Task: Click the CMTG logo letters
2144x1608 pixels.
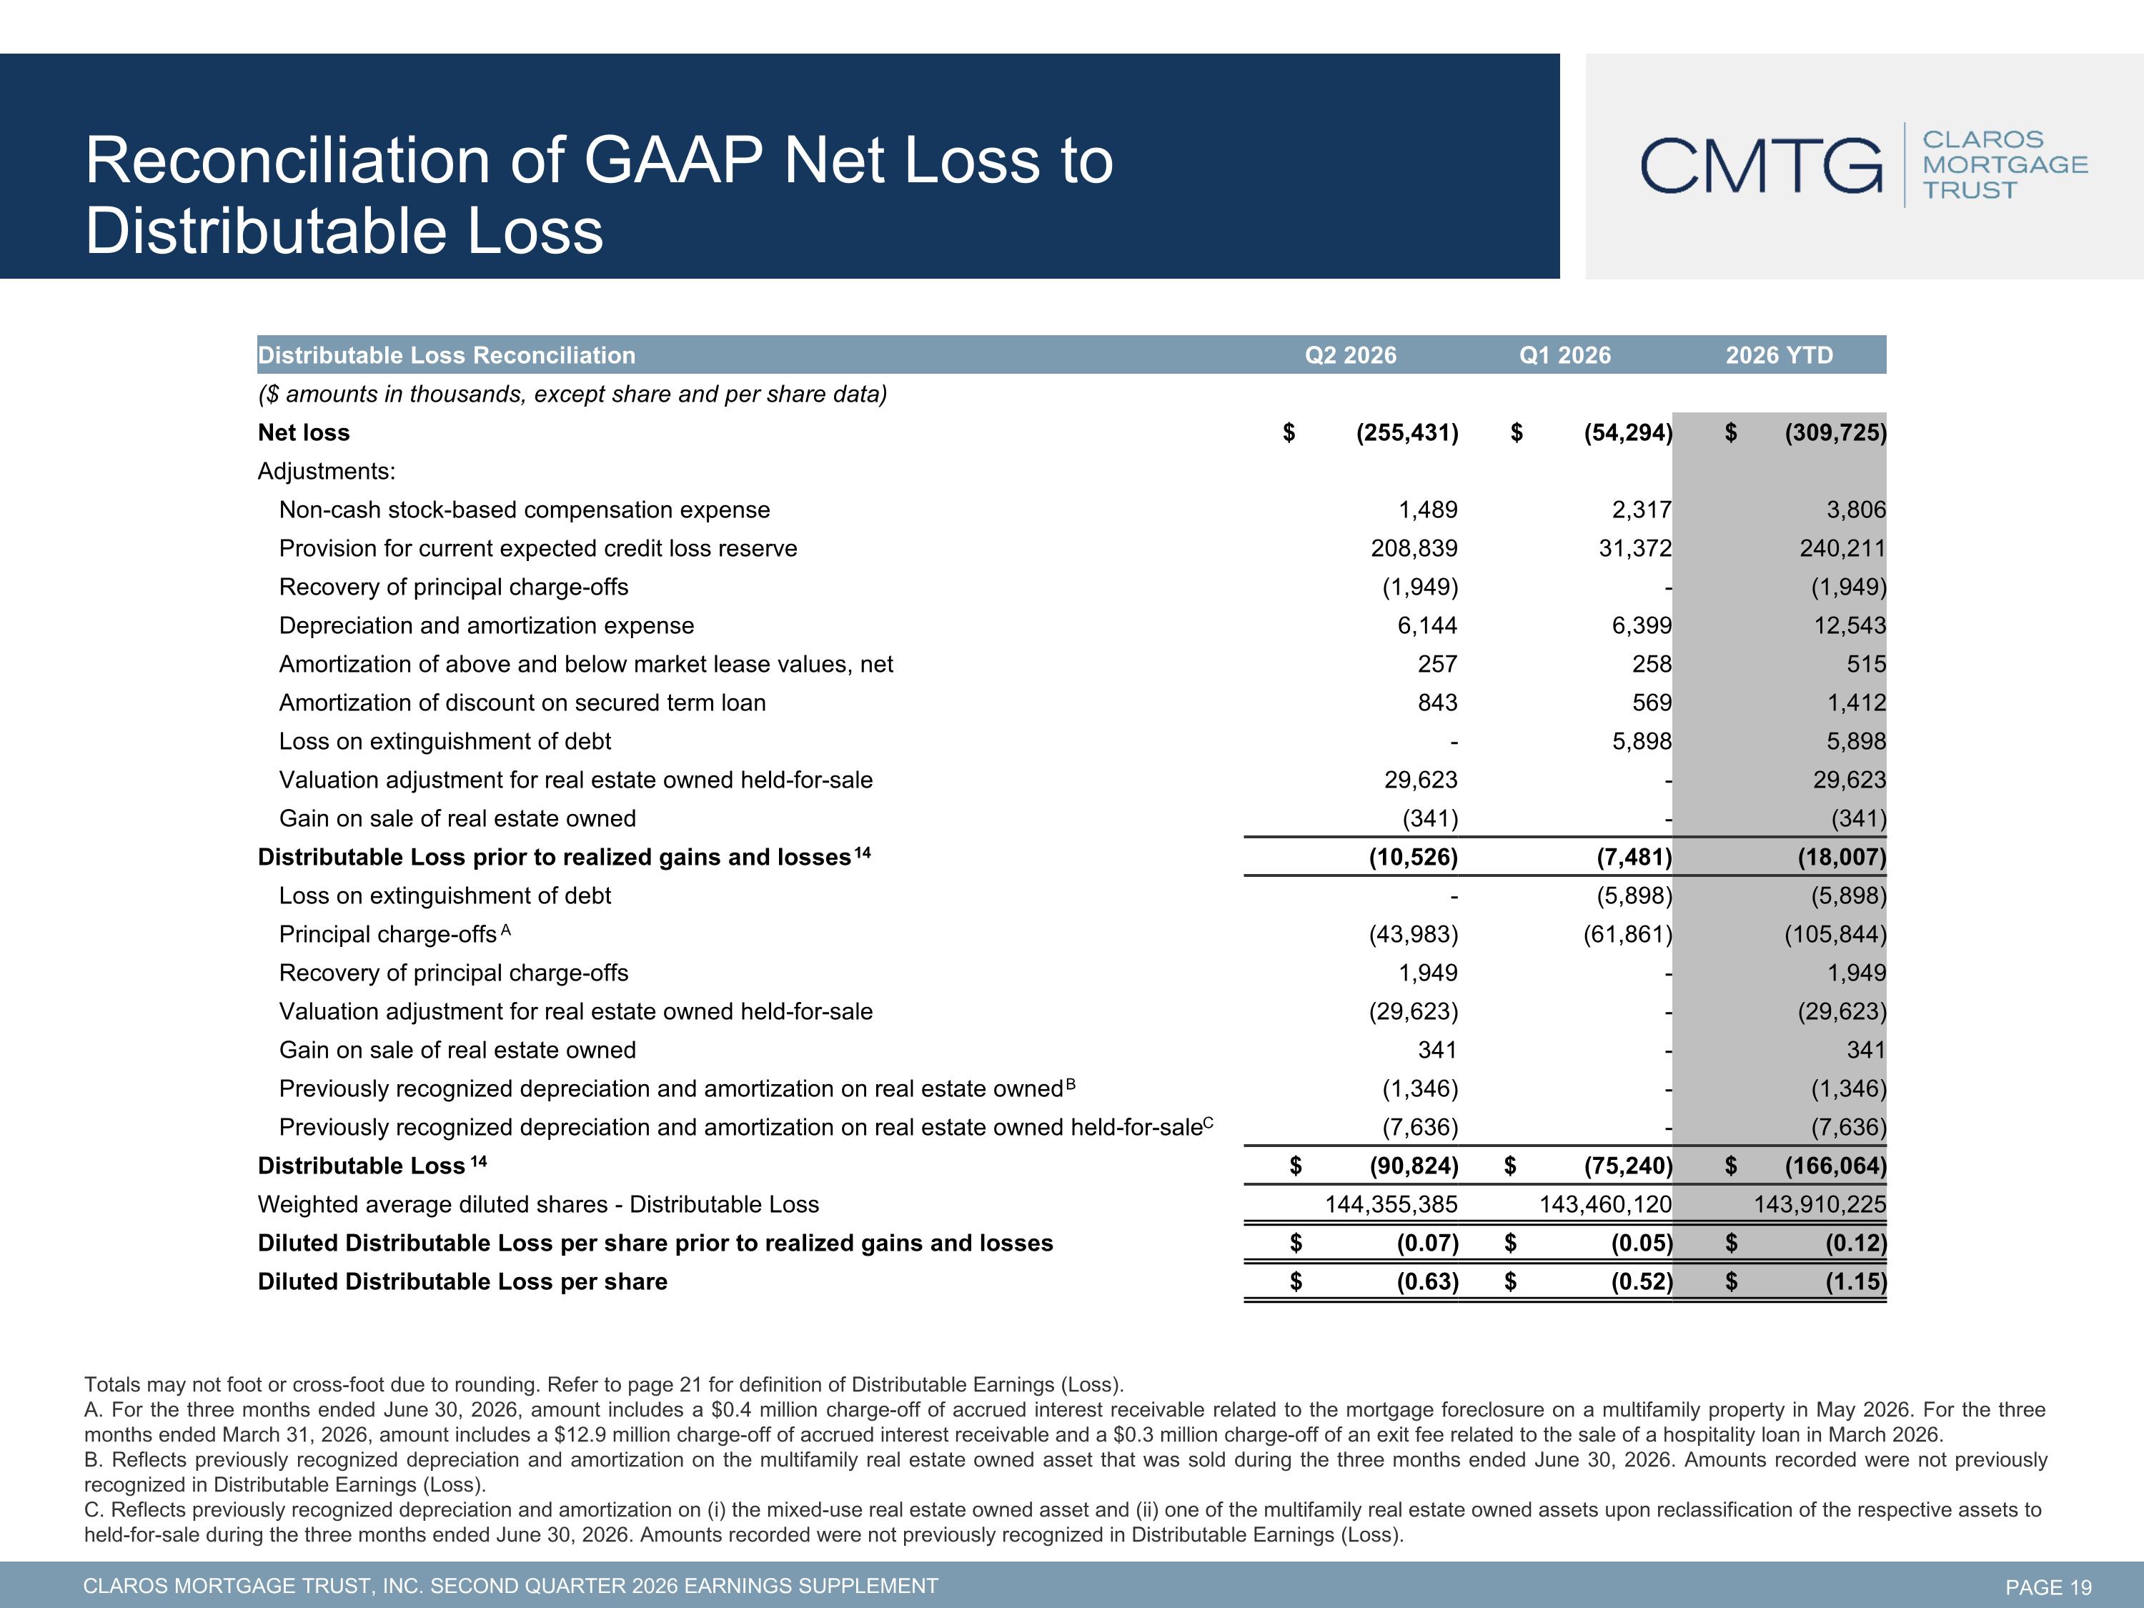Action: coord(1761,166)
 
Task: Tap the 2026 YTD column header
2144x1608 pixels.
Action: coord(1780,356)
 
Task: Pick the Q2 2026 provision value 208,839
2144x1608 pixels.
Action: coord(1414,549)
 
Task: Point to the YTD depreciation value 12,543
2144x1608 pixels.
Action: coord(1850,626)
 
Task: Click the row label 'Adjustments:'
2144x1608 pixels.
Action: coord(327,472)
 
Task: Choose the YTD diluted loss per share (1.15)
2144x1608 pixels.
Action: coord(1856,1282)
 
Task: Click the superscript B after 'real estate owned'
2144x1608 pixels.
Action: coord(1071,1083)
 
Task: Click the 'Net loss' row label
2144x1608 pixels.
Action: coord(304,433)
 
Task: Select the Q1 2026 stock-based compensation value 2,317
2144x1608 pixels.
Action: coord(1642,510)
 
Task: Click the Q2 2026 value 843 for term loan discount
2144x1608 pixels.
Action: coord(1437,703)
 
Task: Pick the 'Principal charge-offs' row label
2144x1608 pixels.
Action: coord(387,934)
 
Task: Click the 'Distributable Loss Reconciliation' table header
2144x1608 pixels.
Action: coord(447,356)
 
